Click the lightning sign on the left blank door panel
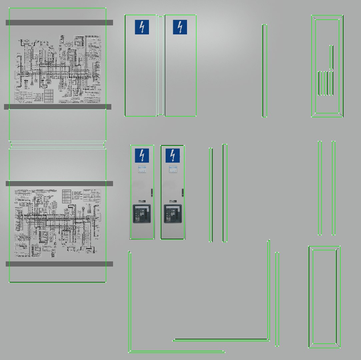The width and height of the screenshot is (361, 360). point(142,27)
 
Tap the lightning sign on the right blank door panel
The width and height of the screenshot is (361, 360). point(180,27)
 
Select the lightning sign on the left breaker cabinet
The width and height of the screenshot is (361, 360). point(142,156)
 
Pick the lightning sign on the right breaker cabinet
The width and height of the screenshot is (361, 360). point(172,156)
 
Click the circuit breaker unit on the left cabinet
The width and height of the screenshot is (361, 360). point(142,214)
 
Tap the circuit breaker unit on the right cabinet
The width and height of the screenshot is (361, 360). point(172,214)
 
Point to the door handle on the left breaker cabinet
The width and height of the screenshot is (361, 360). point(152,192)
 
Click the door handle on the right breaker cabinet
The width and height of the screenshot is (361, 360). point(182,192)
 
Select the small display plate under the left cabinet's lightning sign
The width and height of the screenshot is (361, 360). point(142,169)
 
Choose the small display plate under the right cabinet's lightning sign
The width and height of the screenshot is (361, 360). point(173,169)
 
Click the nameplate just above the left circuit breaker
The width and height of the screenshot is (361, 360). point(142,201)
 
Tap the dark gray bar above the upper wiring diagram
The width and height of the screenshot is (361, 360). point(59,23)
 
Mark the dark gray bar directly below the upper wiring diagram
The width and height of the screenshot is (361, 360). point(57,107)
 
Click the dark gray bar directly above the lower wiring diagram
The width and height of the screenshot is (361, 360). point(59,184)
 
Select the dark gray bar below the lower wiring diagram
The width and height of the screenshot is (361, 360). point(59,264)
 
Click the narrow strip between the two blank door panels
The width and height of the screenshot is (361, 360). point(160,65)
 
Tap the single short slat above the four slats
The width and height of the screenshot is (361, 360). point(331,57)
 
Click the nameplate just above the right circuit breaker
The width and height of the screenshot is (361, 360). point(173,201)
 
